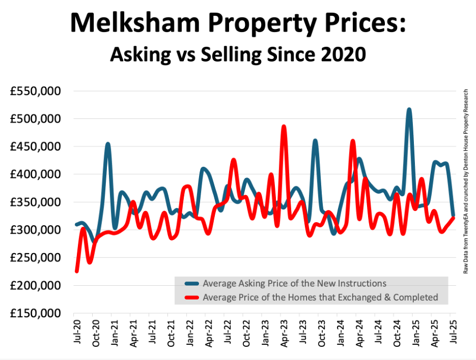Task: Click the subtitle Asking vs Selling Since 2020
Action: tap(237, 54)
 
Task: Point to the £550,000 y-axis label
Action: tap(36, 91)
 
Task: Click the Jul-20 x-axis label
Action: tap(77, 332)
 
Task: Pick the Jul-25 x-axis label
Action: tap(452, 332)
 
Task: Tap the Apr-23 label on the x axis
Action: tap(283, 332)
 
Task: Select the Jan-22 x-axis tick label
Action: tap(190, 332)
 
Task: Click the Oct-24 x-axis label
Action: tap(396, 332)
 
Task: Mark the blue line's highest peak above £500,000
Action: tap(409, 109)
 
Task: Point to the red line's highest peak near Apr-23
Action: tap(284, 126)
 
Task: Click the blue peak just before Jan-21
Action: tap(107, 144)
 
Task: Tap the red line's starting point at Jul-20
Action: tap(77, 271)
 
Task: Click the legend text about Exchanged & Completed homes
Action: tap(320, 297)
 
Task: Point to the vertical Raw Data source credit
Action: tap(466, 182)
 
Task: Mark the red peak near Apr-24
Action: tap(353, 141)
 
